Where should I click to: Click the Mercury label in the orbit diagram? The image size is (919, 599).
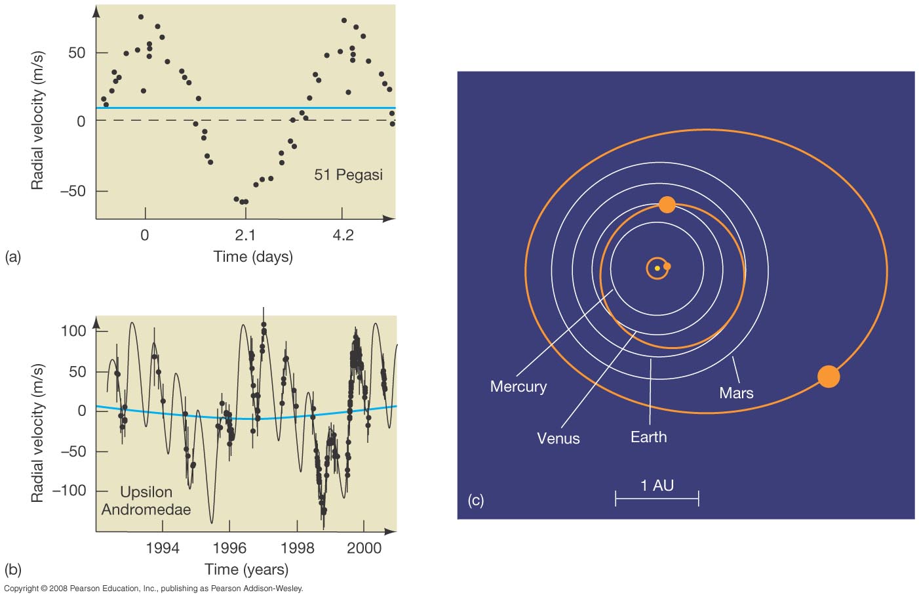518,386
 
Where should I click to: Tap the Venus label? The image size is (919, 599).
558,438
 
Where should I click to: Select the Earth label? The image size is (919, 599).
648,437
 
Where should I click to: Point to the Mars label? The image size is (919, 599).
736,393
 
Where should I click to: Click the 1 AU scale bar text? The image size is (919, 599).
657,485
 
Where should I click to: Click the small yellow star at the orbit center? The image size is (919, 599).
657,268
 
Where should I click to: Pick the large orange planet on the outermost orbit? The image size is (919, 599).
829,377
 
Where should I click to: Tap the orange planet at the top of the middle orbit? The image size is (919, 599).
667,205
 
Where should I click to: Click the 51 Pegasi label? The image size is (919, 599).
348,175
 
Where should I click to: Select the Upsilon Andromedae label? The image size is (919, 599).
146,501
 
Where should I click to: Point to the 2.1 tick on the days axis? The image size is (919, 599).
244,235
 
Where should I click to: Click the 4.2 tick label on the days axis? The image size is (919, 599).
343,235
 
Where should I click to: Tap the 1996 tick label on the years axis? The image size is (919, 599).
229,548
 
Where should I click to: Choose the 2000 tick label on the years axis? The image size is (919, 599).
364,548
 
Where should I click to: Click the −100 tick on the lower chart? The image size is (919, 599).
69,491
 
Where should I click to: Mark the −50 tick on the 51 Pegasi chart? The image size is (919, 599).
73,191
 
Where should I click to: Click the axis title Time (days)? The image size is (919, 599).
253,257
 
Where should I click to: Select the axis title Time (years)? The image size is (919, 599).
246,569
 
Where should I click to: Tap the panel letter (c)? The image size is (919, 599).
475,501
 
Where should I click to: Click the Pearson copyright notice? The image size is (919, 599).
153,589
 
